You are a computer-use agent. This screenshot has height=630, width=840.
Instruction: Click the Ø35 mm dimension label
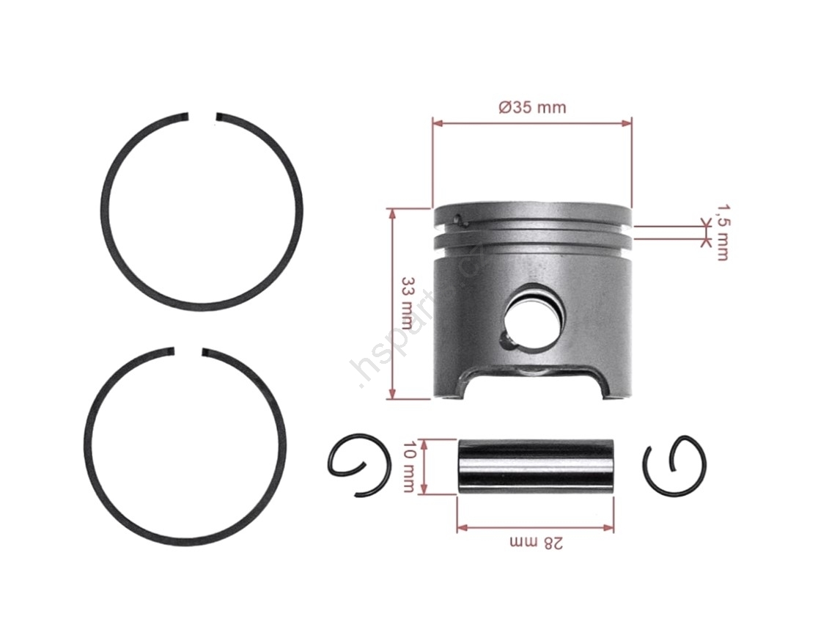[532, 107]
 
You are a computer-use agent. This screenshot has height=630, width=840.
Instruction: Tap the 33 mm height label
[408, 303]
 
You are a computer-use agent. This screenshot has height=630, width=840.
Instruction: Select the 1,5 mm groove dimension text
[723, 232]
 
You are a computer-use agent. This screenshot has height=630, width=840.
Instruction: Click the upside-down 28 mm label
[537, 543]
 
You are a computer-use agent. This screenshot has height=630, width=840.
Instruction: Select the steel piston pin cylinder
[536, 467]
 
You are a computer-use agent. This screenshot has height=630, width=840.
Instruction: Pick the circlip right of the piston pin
[674, 465]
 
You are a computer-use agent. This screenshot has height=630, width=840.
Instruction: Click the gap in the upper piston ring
[202, 117]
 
